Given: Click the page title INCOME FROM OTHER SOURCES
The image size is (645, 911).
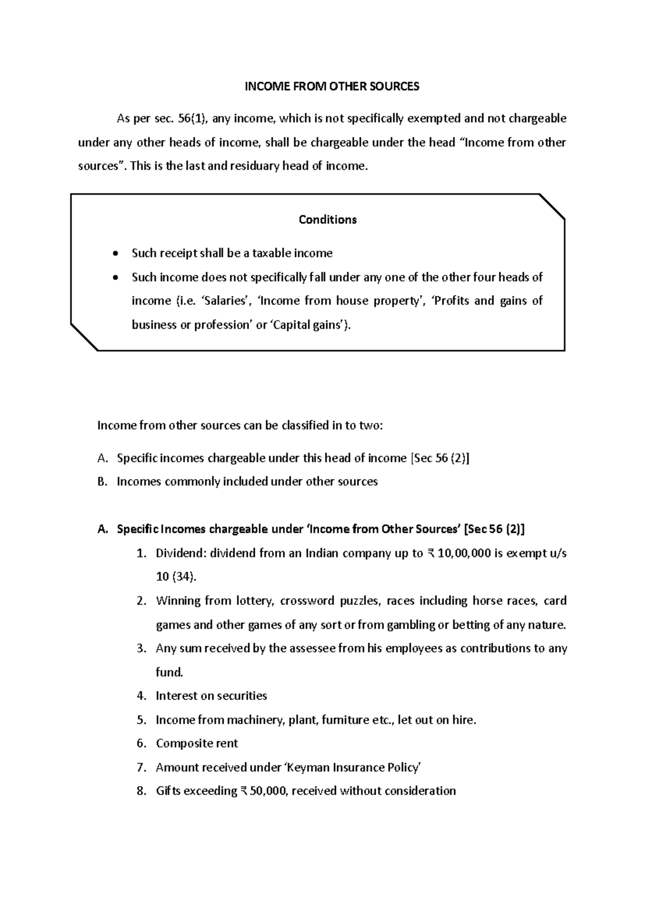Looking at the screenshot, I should tap(332, 86).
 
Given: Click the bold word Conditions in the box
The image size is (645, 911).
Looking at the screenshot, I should tap(327, 220).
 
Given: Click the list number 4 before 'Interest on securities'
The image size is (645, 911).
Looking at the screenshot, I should tap(141, 696).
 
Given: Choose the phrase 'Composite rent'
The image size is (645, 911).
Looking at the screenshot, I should tap(197, 743).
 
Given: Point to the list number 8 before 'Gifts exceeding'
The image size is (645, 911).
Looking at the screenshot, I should tap(141, 791).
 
